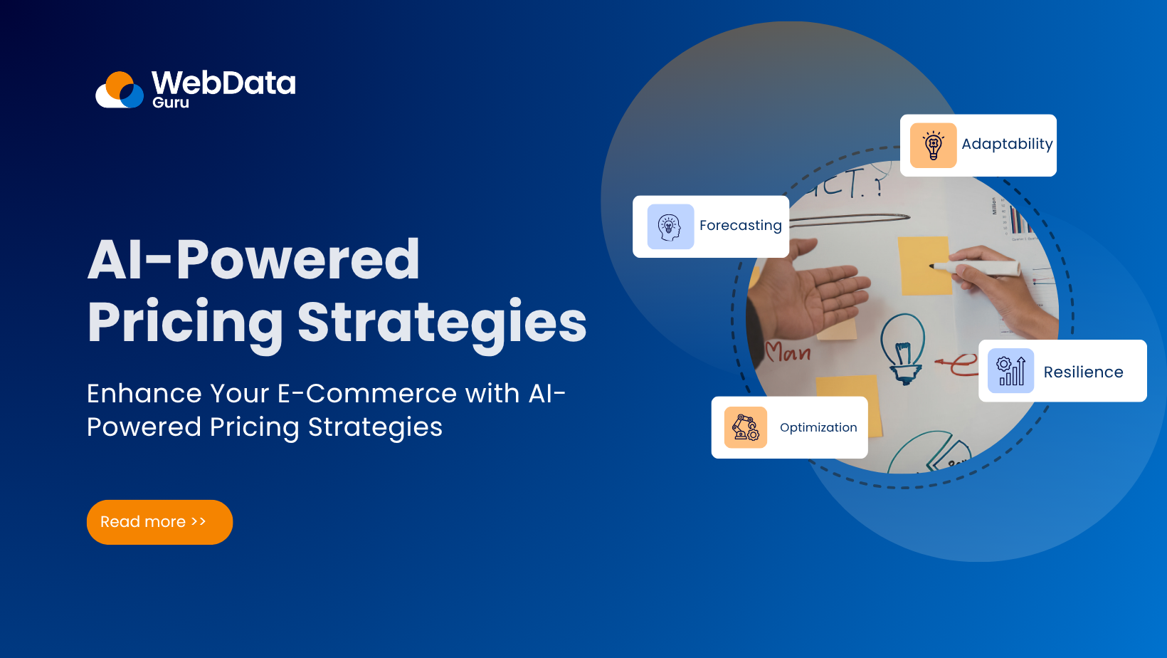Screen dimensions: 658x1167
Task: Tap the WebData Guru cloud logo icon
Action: (120, 90)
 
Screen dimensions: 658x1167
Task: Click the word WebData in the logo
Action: (223, 83)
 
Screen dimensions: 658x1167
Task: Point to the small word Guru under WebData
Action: (171, 103)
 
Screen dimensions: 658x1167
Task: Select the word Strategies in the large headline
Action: (441, 323)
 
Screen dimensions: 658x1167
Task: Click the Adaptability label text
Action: (1006, 144)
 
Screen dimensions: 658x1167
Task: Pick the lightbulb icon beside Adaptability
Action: (933, 145)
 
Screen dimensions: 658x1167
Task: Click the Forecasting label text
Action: (740, 226)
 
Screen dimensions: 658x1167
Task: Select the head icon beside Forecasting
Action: (670, 227)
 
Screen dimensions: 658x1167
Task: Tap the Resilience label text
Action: (1083, 372)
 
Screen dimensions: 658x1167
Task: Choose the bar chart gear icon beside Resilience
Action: (1010, 371)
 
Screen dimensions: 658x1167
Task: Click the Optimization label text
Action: (818, 427)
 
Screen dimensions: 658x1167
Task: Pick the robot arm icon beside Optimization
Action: (745, 427)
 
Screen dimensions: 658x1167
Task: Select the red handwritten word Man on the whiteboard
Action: (788, 352)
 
